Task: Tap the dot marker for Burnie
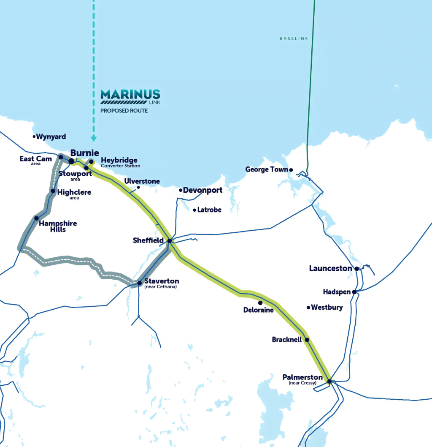71,161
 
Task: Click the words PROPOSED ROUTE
124,111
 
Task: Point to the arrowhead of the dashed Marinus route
94,139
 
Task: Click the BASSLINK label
294,38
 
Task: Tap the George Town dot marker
291,170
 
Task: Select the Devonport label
202,190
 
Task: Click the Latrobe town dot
194,210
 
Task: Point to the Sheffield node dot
169,241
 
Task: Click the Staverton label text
162,281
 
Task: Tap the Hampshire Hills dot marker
36,218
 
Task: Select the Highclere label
74,192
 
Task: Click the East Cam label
36,159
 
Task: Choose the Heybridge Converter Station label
120,161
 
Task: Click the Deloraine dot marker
260,303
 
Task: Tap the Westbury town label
327,308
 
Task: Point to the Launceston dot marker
356,269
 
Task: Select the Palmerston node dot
329,382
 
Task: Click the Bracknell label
287,339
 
